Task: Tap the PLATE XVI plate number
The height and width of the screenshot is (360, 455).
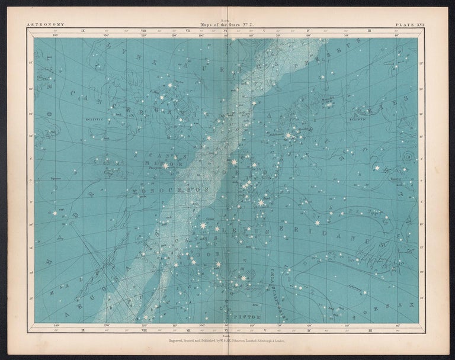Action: [x=409, y=25]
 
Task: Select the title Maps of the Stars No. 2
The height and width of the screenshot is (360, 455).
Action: [x=227, y=25]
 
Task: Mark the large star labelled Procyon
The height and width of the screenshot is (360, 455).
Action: [x=165, y=165]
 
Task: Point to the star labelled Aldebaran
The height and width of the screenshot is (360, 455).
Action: [x=289, y=136]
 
